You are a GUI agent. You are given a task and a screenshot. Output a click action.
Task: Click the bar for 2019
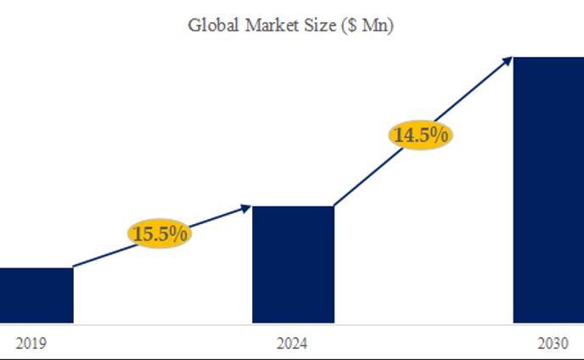36,295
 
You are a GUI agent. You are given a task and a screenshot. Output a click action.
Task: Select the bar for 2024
293,264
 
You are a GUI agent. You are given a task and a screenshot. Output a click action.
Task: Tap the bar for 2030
548,189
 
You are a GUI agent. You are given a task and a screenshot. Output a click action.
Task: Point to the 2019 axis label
31,344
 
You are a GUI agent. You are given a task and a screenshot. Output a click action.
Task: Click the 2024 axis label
292,344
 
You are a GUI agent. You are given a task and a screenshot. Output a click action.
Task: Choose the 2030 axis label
552,344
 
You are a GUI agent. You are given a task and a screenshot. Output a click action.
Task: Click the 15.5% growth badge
160,233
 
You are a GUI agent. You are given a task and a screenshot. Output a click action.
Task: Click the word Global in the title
212,25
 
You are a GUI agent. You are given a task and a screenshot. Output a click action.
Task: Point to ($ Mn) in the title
368,25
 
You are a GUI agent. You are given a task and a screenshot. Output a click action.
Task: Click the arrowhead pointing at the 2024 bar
247,206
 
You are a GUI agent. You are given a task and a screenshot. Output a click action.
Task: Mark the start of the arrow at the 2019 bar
75,267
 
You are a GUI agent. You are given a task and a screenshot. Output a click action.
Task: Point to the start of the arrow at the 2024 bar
334,205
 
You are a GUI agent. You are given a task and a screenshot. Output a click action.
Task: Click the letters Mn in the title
375,25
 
